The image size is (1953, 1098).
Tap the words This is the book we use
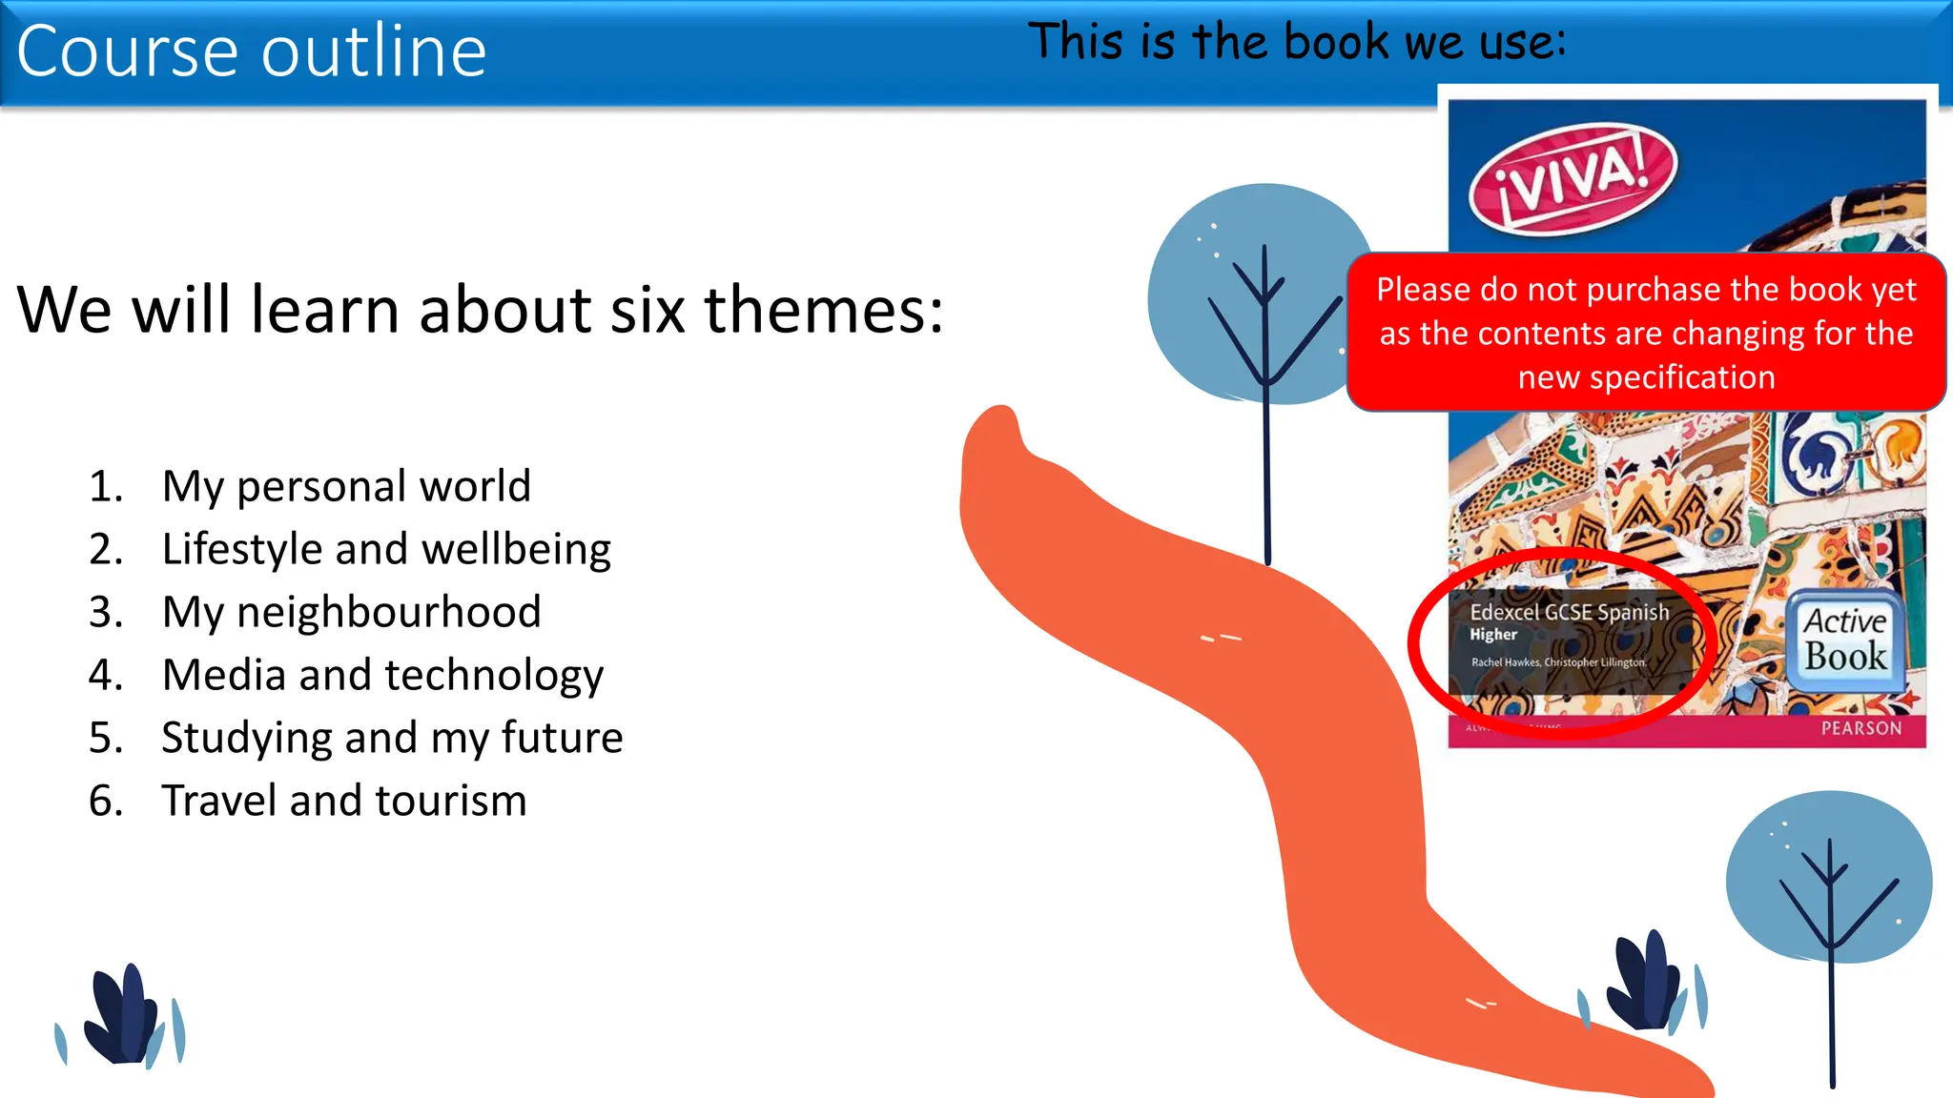click(x=1296, y=43)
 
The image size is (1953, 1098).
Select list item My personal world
click(x=345, y=486)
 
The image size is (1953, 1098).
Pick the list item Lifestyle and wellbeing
click(x=386, y=549)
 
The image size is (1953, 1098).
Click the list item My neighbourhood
click(x=351, y=612)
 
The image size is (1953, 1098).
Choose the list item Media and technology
click(x=382, y=675)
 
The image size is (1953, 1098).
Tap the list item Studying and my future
click(x=392, y=738)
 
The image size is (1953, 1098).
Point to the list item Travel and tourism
click(x=343, y=801)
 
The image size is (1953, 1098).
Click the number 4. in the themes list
click(x=106, y=675)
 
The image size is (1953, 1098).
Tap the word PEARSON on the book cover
click(x=1860, y=729)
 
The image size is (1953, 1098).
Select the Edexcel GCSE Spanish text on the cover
click(x=1569, y=612)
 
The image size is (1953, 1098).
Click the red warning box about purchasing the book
click(x=1646, y=333)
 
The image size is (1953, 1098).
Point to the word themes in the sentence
click(x=823, y=310)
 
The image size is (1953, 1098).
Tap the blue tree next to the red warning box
click(x=1249, y=295)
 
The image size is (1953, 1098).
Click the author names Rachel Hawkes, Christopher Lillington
click(x=1558, y=662)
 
